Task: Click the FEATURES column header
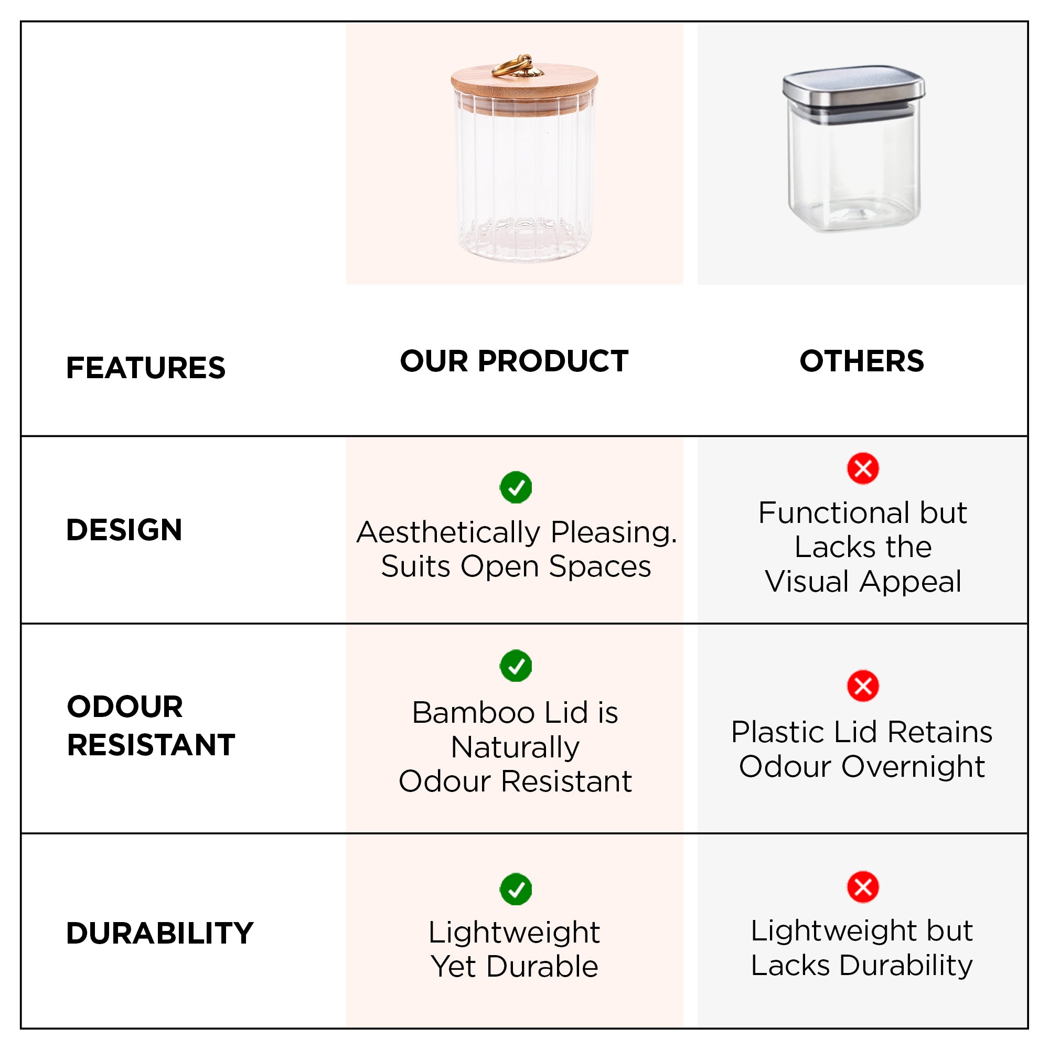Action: (x=145, y=368)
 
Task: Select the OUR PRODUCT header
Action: (x=513, y=361)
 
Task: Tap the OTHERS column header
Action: (x=862, y=361)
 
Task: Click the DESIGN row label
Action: (x=124, y=529)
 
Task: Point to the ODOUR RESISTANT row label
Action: (x=151, y=725)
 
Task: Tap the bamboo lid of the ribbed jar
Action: (x=524, y=87)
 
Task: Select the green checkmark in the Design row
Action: (x=516, y=487)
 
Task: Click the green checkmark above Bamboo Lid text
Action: (x=516, y=665)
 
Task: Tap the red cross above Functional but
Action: (x=863, y=468)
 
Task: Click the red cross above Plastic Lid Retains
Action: (x=863, y=686)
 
